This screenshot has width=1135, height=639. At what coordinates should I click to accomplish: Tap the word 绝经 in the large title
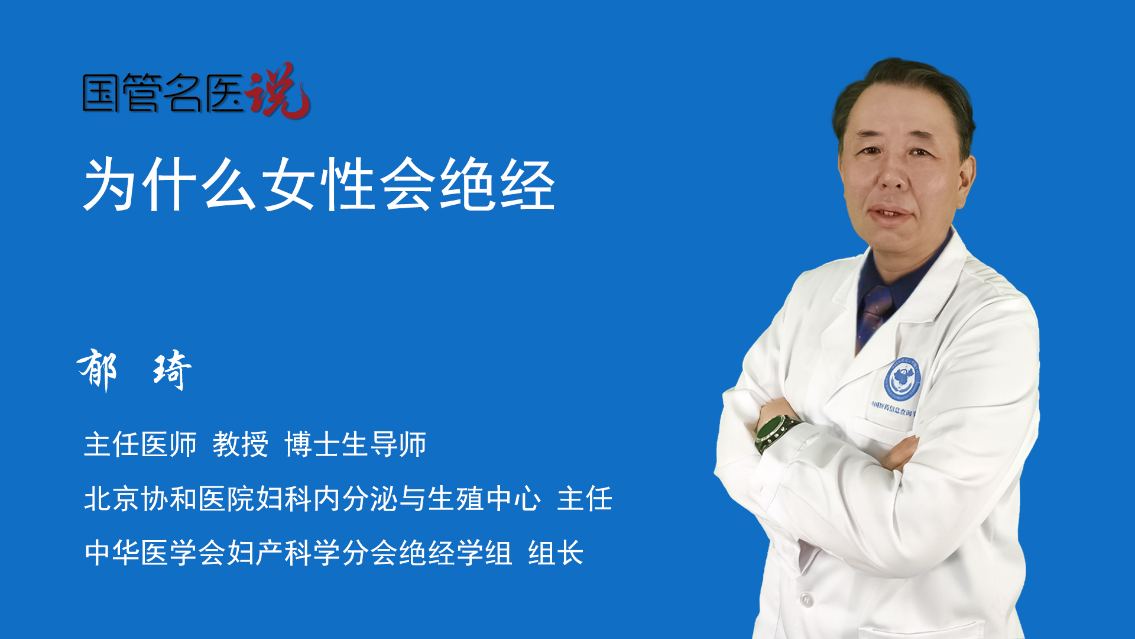498,185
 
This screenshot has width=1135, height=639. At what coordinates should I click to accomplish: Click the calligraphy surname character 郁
98,370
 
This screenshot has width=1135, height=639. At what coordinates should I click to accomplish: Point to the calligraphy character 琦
172,370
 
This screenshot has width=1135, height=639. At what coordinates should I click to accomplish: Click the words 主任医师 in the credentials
140,444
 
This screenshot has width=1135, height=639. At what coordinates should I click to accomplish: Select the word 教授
241,444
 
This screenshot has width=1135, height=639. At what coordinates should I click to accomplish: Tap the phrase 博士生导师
355,444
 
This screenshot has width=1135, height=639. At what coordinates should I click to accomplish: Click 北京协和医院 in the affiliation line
169,498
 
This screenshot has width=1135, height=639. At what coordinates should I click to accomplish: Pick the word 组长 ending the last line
556,553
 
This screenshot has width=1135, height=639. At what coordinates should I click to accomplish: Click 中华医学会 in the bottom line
155,553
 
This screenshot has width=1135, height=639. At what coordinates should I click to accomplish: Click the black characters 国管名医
163,93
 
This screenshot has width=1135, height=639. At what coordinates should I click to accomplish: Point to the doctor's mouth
891,212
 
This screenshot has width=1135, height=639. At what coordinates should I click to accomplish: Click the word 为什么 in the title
170,185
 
